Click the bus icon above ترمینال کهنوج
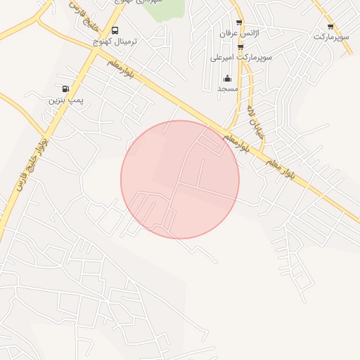(x=115, y=30)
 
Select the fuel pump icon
(x=65, y=89)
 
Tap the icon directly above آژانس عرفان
(x=239, y=22)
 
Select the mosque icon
(x=227, y=78)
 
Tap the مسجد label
(x=228, y=89)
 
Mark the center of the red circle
(x=180, y=179)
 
